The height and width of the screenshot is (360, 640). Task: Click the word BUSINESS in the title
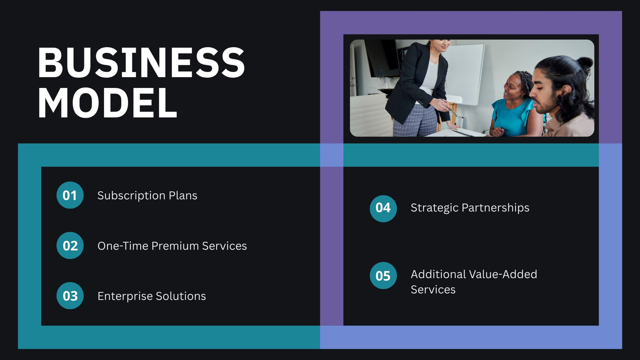pyautogui.click(x=141, y=62)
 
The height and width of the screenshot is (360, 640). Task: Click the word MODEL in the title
pyautogui.click(x=108, y=102)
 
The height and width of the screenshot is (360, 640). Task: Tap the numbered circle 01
pyautogui.click(x=70, y=195)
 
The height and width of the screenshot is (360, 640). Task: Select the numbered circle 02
pyautogui.click(x=70, y=246)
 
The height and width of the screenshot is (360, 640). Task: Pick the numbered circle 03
pyautogui.click(x=70, y=296)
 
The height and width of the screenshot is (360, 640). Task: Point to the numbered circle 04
pyautogui.click(x=383, y=208)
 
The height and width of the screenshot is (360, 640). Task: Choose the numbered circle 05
pyautogui.click(x=383, y=276)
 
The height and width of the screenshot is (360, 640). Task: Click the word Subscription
pyautogui.click(x=131, y=196)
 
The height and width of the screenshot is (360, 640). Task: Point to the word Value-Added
pyautogui.click(x=504, y=274)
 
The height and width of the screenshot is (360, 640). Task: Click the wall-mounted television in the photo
pyautogui.click(x=382, y=58)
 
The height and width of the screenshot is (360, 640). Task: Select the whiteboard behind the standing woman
pyautogui.click(x=464, y=74)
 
